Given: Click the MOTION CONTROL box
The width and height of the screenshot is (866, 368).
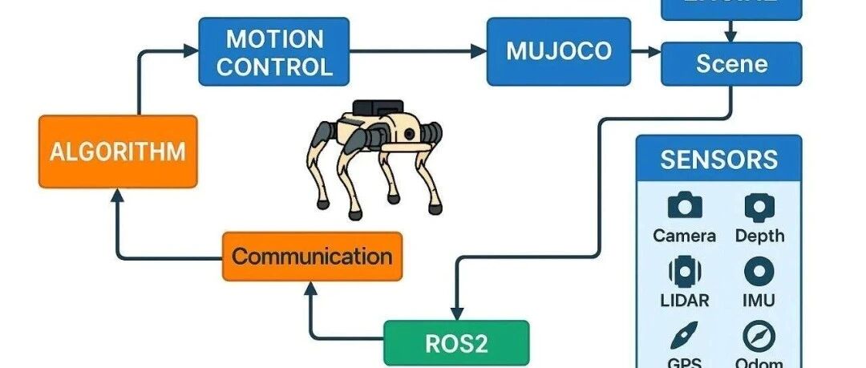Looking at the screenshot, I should point(274,51).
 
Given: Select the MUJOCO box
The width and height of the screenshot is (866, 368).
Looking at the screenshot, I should point(558,51).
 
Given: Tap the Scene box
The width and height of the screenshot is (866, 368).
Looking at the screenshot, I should point(730,64).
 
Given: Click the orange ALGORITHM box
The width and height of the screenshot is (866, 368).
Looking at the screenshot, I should point(117,151).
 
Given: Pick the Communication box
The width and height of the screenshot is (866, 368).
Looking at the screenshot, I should point(312,257).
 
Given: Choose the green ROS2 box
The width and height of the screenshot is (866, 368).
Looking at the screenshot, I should point(456,343).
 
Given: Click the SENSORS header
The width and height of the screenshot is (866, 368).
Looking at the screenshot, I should point(718,159).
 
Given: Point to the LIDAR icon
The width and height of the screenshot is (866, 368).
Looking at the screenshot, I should point(684,272).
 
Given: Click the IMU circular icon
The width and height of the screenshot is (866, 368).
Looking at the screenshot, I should point(759,272).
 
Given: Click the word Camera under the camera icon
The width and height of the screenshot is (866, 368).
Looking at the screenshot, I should point(684,236).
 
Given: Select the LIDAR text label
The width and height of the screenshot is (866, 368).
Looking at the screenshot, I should point(684,301).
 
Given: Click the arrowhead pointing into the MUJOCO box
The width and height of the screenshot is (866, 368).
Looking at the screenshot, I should point(480,51).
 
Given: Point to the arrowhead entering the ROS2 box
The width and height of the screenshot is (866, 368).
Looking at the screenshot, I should point(456,313).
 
